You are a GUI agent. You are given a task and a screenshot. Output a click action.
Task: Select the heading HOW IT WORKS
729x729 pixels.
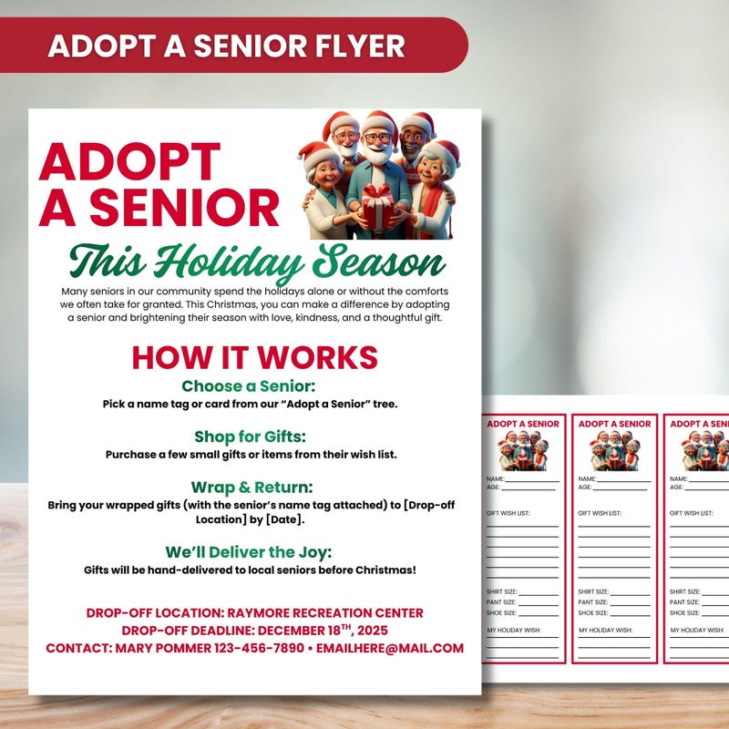(254, 356)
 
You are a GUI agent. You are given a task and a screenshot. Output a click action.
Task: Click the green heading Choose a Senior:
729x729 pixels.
(248, 386)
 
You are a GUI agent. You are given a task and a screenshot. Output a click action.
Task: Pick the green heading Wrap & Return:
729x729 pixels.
(252, 487)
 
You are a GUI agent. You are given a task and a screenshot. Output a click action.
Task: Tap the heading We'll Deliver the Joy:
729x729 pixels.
(249, 552)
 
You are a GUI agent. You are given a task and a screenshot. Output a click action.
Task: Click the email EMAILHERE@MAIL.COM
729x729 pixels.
(390, 649)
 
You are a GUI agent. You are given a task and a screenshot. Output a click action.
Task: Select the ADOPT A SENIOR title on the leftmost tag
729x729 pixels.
(523, 424)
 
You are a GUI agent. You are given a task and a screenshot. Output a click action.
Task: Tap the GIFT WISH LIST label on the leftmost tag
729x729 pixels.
(508, 513)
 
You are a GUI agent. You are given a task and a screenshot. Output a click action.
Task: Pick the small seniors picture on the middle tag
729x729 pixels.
(614, 450)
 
